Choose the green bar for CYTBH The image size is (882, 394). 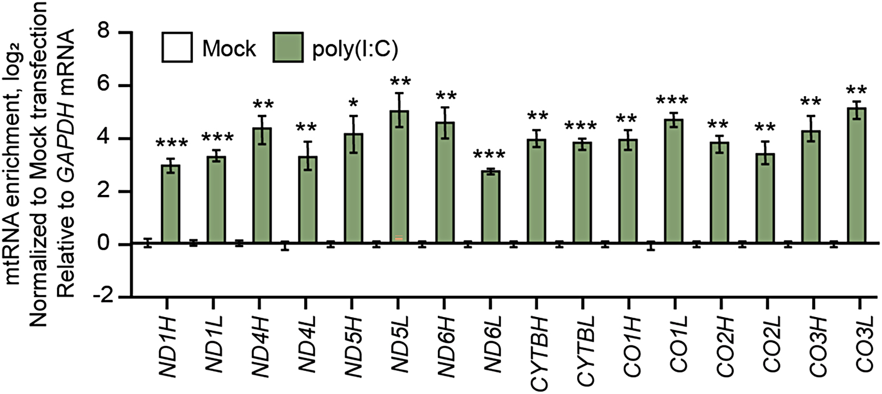point(537,192)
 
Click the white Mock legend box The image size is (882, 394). point(177,48)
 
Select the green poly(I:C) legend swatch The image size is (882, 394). point(288,48)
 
